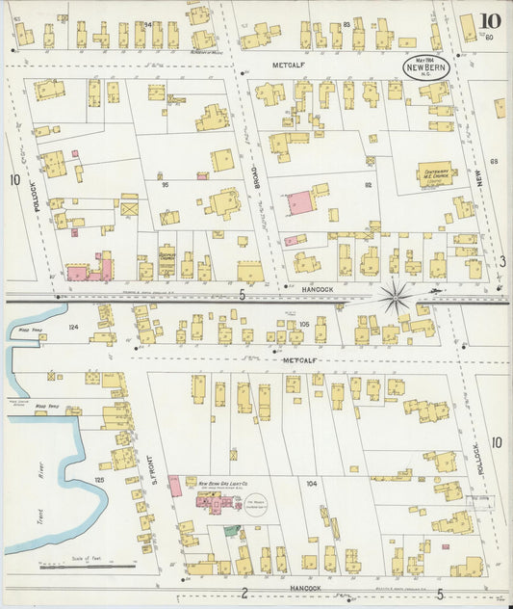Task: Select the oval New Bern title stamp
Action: pyautogui.click(x=423, y=67)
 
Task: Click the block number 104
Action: pyautogui.click(x=310, y=482)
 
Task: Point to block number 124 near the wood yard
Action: pyautogui.click(x=73, y=328)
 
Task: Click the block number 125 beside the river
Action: pyautogui.click(x=98, y=479)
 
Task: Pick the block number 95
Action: pyautogui.click(x=165, y=184)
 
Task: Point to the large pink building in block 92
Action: pyautogui.click(x=298, y=203)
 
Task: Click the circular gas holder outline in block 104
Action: pyautogui.click(x=258, y=504)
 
